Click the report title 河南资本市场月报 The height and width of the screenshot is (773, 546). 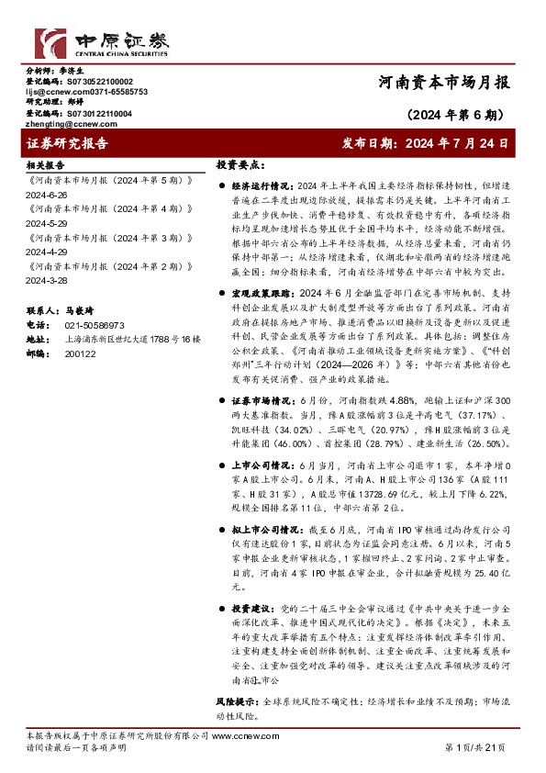point(443,82)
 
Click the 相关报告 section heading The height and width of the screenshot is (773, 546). point(45,165)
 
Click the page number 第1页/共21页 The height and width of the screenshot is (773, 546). point(474,747)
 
